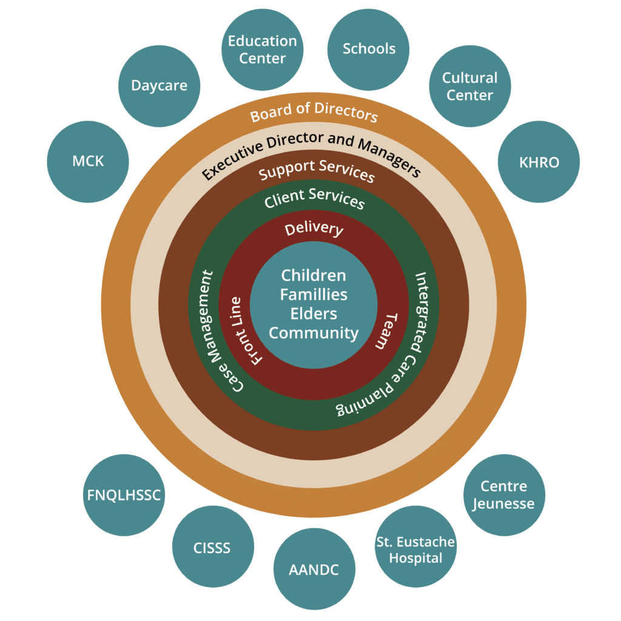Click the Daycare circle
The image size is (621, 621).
159,86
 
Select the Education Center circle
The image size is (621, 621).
263,50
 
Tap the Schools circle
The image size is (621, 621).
369,49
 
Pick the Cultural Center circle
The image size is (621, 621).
469,86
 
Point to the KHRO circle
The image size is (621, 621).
539,162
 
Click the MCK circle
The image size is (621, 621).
88,161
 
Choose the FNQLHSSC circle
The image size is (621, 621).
124,495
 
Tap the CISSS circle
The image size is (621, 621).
212,548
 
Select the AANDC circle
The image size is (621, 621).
314,569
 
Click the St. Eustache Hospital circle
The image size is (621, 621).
416,549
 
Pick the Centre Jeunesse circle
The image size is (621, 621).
503,495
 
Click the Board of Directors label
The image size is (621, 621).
314,112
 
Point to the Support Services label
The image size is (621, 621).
317,170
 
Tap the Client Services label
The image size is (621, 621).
315,198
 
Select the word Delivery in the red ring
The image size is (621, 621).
314,228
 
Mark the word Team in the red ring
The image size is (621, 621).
384,331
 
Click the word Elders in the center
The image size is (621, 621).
314,314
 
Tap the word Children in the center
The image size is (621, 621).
314,275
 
